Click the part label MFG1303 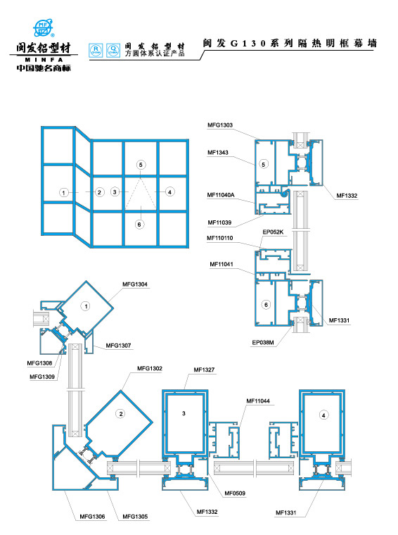(219, 125)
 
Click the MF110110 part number (219, 238)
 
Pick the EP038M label (262, 344)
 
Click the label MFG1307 (117, 345)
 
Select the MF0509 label (234, 493)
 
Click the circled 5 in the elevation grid (141, 165)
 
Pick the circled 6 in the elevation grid (139, 225)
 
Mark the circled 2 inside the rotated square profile (120, 414)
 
